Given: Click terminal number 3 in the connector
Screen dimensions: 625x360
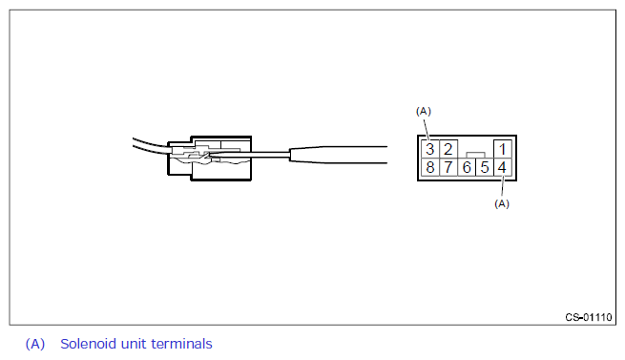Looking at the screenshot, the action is click(429, 149).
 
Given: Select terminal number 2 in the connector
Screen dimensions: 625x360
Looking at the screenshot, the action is click(448, 149).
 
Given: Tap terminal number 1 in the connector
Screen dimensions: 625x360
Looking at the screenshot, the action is click(502, 149).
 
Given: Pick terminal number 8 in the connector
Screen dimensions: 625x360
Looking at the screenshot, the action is click(429, 167).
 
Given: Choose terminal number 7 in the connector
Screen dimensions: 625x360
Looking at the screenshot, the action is click(448, 167).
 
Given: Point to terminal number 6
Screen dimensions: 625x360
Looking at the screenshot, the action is click(467, 167).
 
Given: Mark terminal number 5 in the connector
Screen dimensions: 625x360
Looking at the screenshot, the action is click(485, 167).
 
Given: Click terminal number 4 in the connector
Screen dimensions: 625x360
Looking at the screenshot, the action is click(502, 167).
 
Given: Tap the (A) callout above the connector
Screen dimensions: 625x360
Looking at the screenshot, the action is click(424, 112).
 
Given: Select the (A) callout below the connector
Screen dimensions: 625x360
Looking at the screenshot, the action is click(502, 204).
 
